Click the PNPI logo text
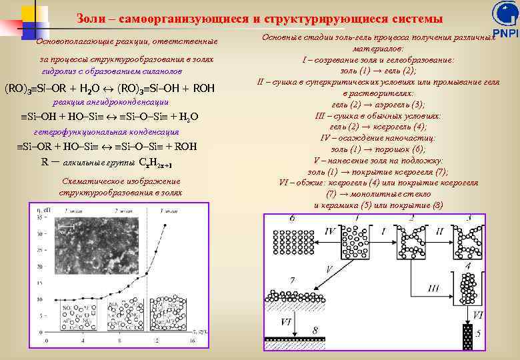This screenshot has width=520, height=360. [x=505, y=33]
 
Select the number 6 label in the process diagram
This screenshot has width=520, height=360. [x=292, y=219]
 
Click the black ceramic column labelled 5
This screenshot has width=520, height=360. [x=467, y=337]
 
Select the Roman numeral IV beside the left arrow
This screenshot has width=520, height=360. [x=329, y=231]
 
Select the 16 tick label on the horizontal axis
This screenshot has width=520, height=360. [x=192, y=341]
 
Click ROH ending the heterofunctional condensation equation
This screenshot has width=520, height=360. [x=185, y=147]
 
